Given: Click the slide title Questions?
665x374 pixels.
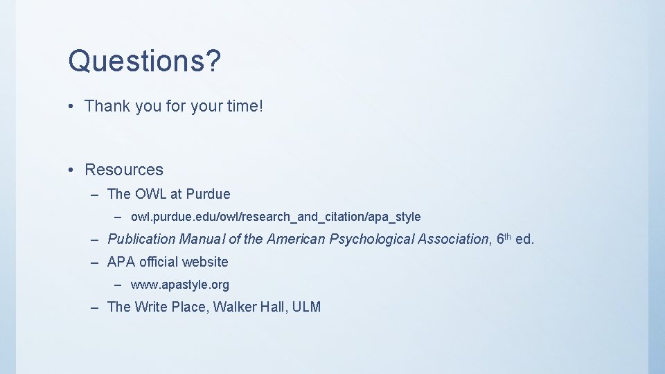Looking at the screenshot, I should tap(144, 61).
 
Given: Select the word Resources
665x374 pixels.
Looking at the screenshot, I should tap(124, 170).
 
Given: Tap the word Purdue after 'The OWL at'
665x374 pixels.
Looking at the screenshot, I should tap(208, 194).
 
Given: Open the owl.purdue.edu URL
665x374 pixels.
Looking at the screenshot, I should tap(276, 217).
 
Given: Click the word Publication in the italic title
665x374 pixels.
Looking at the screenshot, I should tap(142, 239).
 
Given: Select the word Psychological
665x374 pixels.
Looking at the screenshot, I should tap(372, 239).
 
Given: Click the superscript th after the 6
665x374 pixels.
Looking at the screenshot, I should tap(507, 236).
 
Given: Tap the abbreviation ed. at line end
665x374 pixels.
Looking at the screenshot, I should tap(524, 239).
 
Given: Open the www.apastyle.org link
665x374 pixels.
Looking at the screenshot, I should tap(180, 285).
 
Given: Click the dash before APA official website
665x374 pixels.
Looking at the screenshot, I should tap(95, 262).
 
